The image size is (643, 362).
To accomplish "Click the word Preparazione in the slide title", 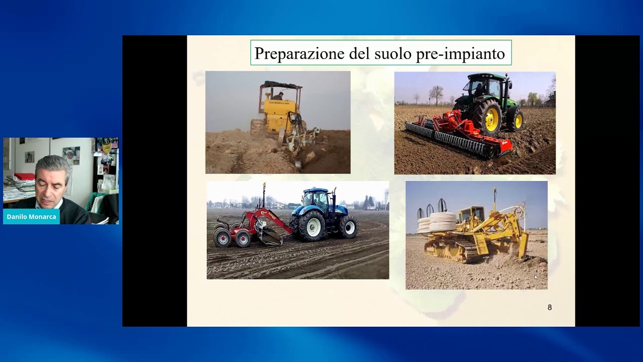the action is [x=299, y=53].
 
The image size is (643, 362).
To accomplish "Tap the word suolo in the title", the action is [x=393, y=53].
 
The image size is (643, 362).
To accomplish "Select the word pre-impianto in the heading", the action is [x=461, y=54].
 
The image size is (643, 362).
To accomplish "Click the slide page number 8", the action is [x=550, y=307].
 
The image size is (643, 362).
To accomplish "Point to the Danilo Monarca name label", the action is [x=31, y=217].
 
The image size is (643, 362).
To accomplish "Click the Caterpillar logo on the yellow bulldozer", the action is [x=279, y=103].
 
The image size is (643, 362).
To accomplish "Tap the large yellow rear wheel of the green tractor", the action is [x=488, y=118].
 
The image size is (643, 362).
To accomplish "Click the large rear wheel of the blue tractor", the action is [x=312, y=226].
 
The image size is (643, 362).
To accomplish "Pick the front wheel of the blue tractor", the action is [x=349, y=227].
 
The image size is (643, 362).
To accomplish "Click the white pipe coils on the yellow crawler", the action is [x=437, y=222].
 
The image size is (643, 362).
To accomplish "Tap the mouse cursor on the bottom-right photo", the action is [x=535, y=277].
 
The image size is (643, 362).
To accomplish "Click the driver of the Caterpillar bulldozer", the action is [x=278, y=96].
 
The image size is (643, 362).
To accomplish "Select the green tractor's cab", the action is [x=486, y=85].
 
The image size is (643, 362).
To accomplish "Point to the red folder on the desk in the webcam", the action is [x=25, y=176].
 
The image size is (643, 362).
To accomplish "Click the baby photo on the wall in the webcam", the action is [x=71, y=155].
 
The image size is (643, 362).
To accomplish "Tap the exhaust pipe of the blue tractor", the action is [x=334, y=200].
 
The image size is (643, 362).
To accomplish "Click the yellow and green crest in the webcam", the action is [x=106, y=145].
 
